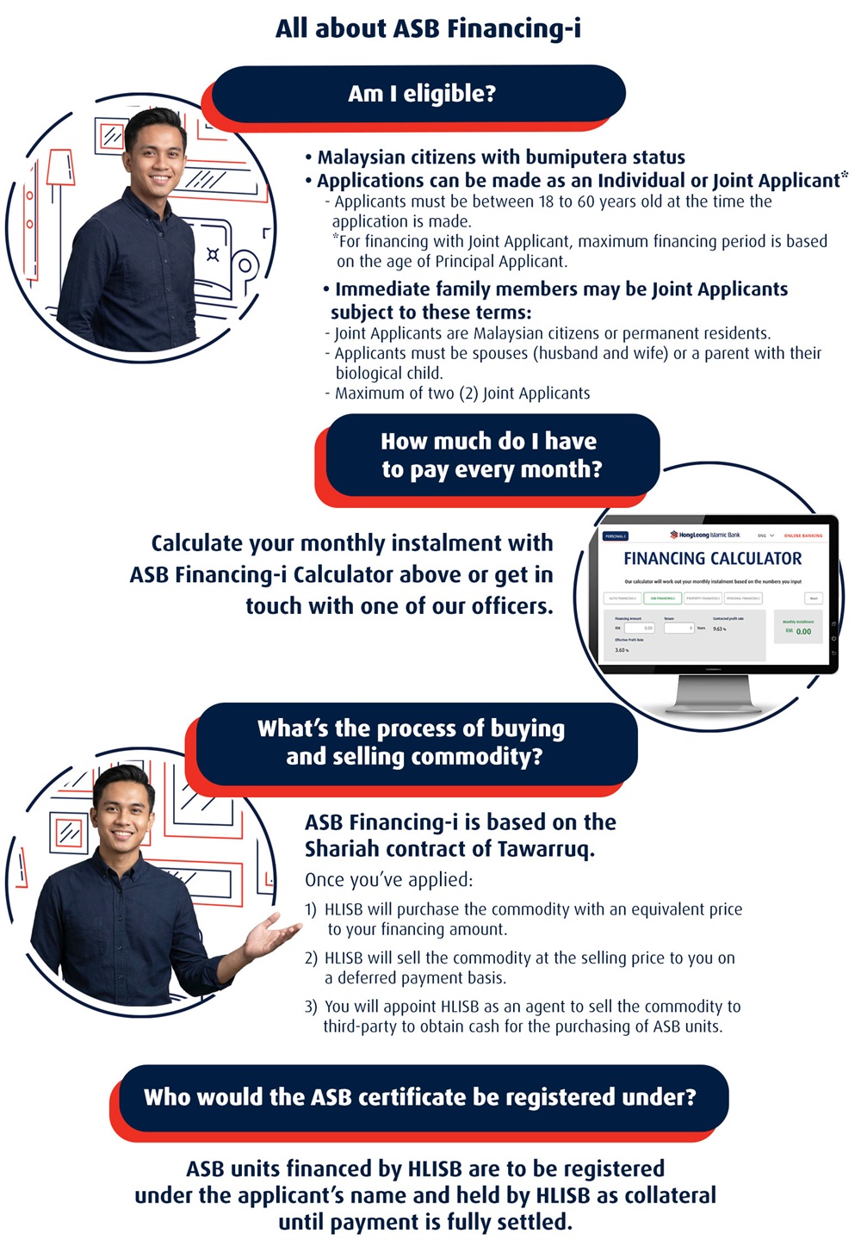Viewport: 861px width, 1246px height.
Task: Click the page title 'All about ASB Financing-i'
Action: (428, 28)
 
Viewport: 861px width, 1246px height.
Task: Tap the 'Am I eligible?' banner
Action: (421, 93)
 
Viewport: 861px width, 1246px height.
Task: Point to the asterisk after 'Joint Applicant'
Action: (845, 176)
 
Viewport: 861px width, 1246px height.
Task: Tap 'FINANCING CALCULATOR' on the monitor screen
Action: (712, 559)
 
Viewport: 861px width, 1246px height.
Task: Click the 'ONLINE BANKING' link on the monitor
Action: (802, 536)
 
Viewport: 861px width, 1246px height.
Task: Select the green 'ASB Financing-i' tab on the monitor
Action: (661, 598)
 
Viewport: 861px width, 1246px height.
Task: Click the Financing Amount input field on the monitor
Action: (639, 628)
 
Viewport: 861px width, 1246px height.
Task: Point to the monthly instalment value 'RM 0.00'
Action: (798, 631)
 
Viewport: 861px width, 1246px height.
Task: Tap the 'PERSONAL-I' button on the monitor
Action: (616, 536)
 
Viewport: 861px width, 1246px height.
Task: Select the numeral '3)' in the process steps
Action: (311, 1007)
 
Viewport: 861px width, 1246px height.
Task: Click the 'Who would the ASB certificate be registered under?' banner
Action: (420, 1097)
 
